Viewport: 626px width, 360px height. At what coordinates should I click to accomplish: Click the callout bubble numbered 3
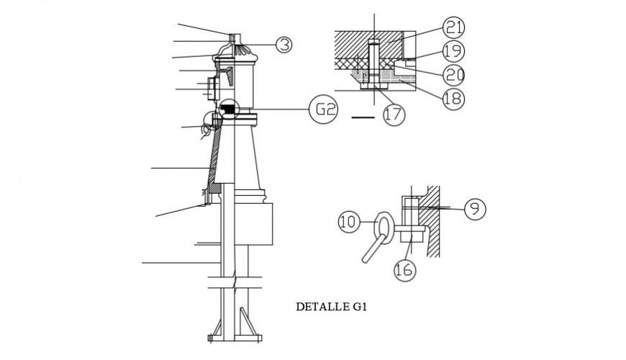pos(284,45)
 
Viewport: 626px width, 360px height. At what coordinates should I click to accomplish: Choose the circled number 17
pos(394,114)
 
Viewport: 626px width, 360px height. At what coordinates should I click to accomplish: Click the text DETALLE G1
pos(332,306)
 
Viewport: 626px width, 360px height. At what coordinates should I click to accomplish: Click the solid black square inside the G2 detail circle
pos(228,109)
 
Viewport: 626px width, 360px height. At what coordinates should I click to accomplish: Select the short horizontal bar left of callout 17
pos(363,115)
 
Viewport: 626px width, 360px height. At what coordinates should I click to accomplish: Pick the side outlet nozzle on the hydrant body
pos(209,89)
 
